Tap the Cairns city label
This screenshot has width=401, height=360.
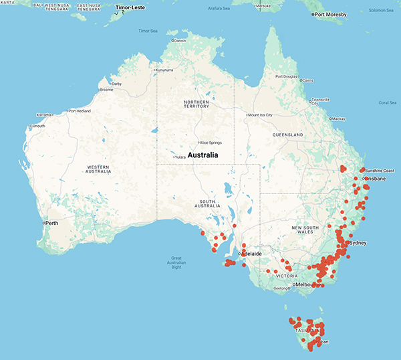pos(307,80)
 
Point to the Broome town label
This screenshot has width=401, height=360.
pos(106,90)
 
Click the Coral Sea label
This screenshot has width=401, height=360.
pos(388,102)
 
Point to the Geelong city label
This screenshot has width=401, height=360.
pos(284,288)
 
